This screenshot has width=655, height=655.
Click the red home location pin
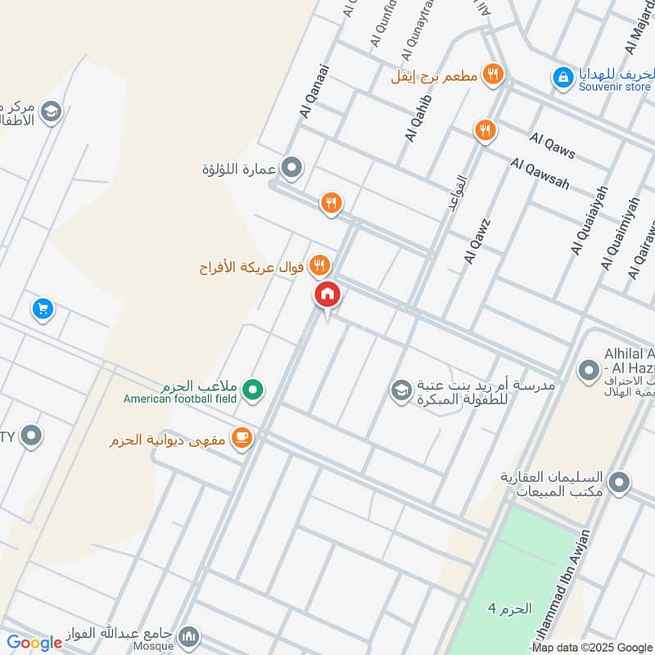click(x=327, y=294)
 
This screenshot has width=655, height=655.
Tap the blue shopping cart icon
click(x=43, y=309)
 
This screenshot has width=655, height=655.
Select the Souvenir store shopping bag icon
click(x=562, y=77)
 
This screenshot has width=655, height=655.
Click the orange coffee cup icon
click(x=242, y=439)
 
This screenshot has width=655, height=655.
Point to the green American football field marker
click(x=254, y=390)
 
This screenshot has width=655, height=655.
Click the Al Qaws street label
click(x=553, y=146)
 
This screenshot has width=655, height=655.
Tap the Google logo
click(x=34, y=643)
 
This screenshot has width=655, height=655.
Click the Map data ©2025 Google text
click(x=592, y=647)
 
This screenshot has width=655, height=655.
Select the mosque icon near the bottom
click(x=189, y=636)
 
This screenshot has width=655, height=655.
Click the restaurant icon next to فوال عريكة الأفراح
click(x=319, y=265)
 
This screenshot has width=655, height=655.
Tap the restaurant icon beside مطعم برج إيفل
click(x=492, y=75)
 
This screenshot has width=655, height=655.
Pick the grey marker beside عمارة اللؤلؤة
click(x=291, y=169)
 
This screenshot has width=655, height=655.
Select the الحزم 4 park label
click(x=510, y=608)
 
